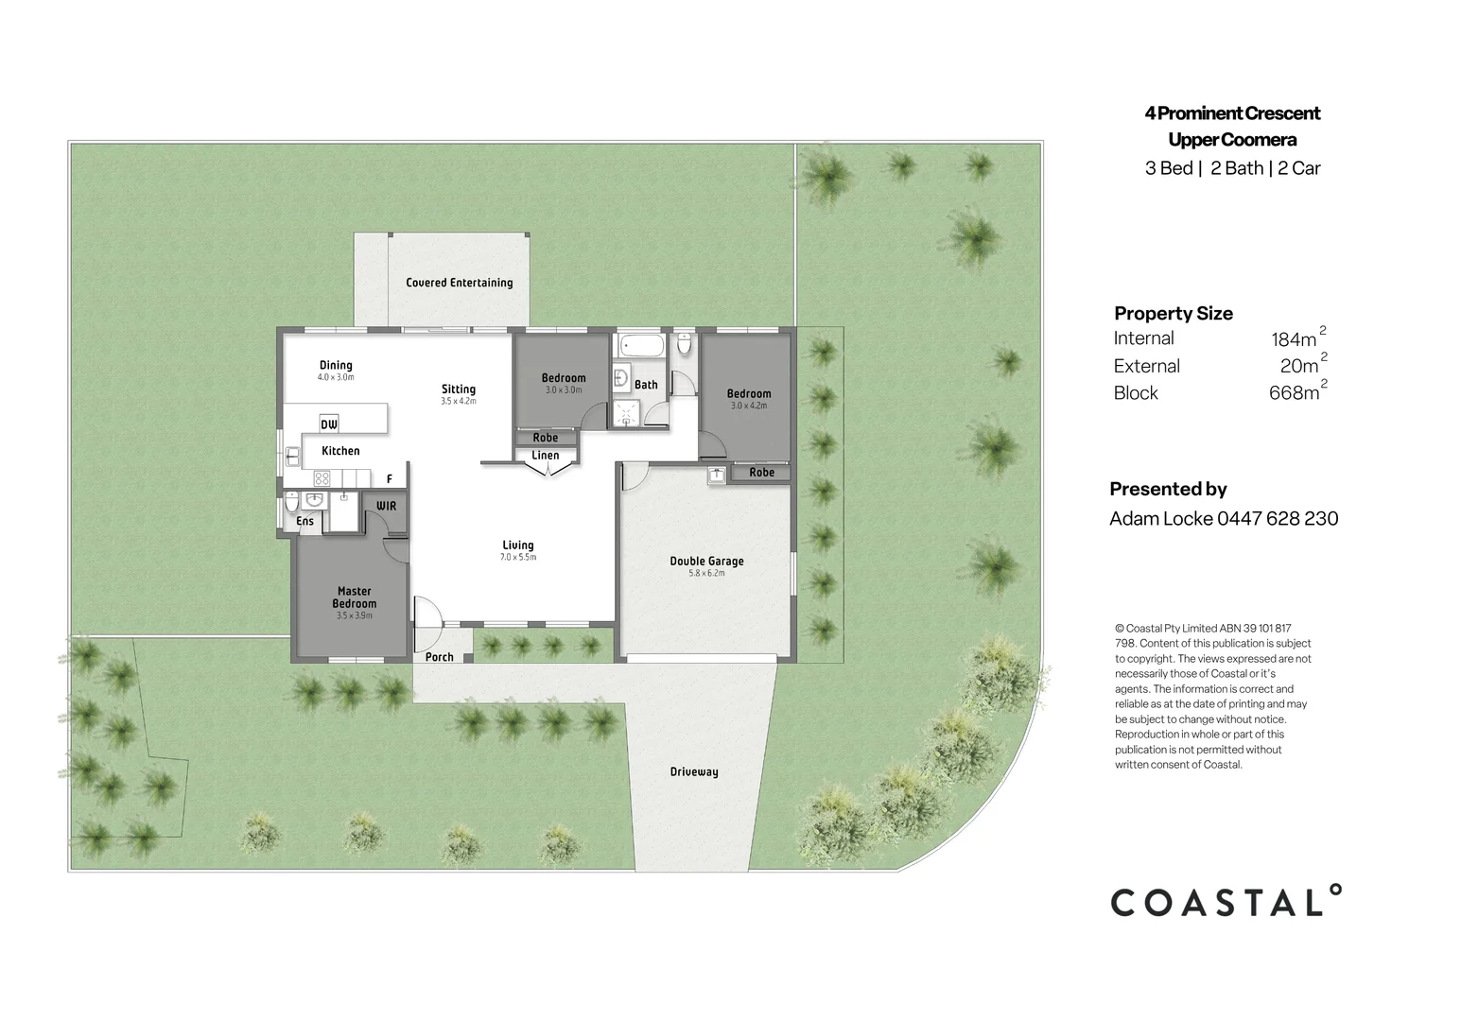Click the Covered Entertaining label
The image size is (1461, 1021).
coord(460,283)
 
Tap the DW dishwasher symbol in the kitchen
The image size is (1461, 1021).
coord(329,424)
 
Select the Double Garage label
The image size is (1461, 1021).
coord(706,561)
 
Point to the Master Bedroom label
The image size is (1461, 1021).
coord(355,597)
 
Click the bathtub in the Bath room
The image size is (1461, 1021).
coord(642,345)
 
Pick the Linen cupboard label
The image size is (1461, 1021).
coord(546,455)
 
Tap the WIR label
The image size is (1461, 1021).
coord(386,505)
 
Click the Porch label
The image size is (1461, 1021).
coord(439,656)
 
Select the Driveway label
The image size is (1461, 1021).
coord(694,772)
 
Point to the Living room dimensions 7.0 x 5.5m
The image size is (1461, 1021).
coord(518,557)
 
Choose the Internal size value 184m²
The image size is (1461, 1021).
coord(1298,337)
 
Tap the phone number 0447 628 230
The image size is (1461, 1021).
coord(1278,518)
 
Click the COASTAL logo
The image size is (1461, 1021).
coord(1226,901)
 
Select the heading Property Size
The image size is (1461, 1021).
coord(1174,314)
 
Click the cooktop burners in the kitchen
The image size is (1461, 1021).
coord(322,479)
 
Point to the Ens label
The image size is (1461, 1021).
coord(304,521)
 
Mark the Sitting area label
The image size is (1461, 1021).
coord(459,389)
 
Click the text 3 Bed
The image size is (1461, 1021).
coord(1169,168)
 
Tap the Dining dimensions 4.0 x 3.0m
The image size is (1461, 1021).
coord(336,377)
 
